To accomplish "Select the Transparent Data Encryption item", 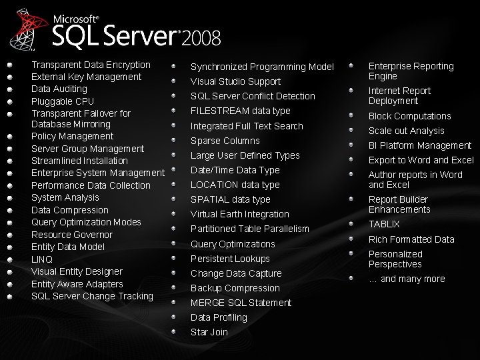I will [x=91, y=65].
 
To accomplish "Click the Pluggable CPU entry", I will [x=63, y=101].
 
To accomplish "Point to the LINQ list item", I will [x=42, y=259].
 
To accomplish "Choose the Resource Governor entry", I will [x=72, y=235].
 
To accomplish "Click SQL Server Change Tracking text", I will [x=92, y=296].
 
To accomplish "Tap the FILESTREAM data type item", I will [x=240, y=111].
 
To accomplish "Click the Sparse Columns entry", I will [x=225, y=141].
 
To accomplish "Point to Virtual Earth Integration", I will [x=239, y=214].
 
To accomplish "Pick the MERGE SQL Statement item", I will [x=241, y=303].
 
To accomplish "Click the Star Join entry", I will [x=209, y=332].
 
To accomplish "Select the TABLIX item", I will [x=384, y=225].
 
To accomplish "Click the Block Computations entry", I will [x=409, y=116].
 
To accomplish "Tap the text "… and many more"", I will [x=407, y=279].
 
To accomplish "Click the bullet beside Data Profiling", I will [x=173, y=317].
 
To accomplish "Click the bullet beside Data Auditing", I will [x=10, y=89].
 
